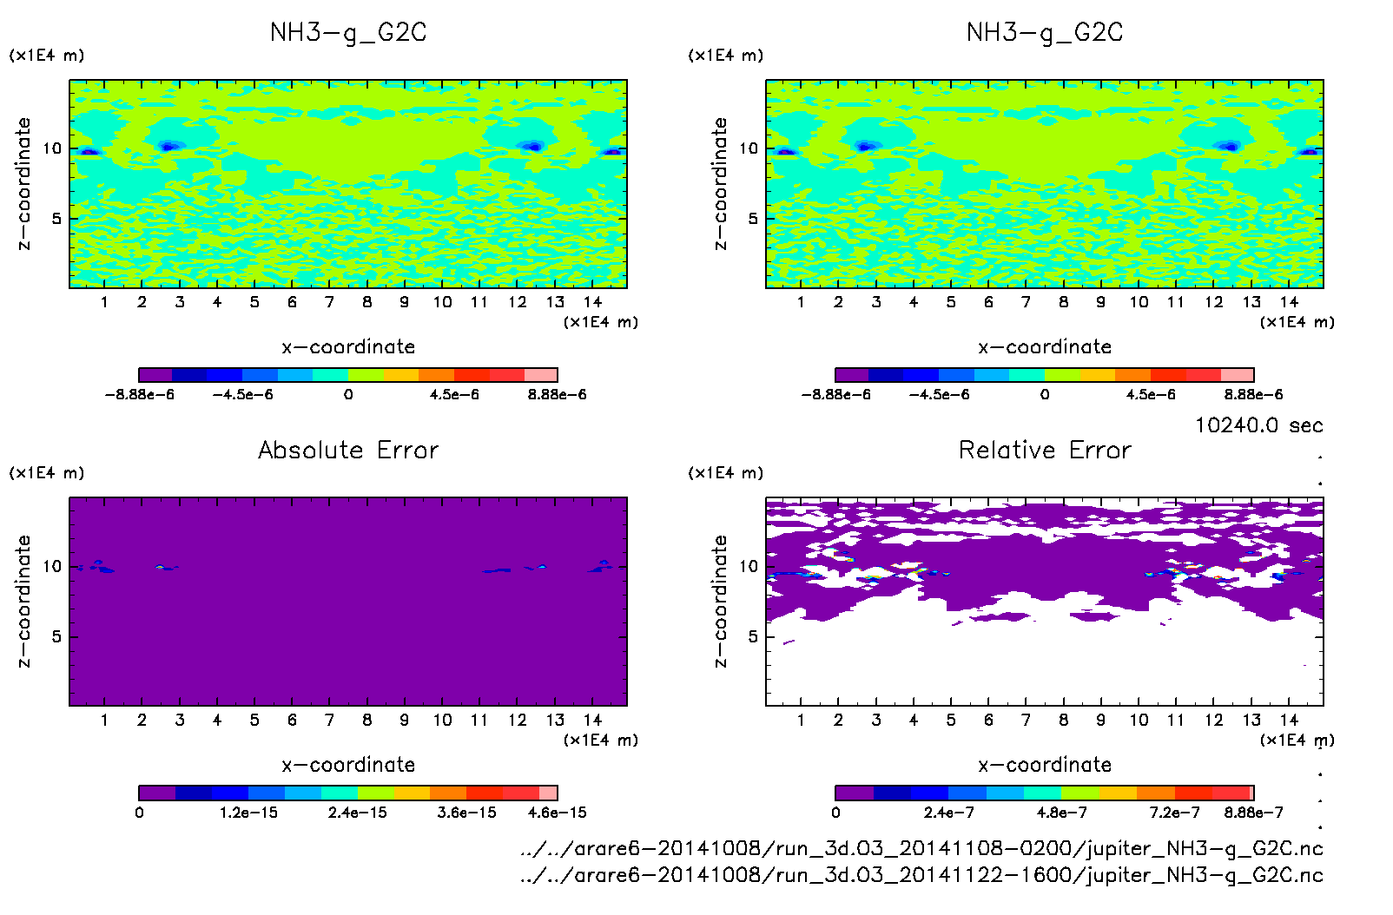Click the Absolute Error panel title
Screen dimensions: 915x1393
click(348, 450)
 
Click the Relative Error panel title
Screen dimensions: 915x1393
click(1045, 450)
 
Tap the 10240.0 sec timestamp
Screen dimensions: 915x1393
click(1258, 425)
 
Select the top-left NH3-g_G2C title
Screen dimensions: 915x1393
click(348, 33)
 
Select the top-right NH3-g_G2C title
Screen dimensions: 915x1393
click(1045, 33)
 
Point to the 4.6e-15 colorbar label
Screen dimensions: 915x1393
click(557, 813)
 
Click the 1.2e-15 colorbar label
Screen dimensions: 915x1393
click(248, 813)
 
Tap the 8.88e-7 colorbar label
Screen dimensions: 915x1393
click(1253, 813)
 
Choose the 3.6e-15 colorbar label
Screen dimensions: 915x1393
click(466, 813)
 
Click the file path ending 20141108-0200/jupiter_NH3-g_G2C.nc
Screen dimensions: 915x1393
click(921, 848)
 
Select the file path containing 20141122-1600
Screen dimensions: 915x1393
click(921, 874)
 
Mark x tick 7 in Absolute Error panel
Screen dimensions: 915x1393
click(329, 720)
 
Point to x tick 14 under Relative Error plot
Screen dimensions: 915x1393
click(1289, 720)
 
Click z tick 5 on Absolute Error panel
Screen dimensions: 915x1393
click(56, 636)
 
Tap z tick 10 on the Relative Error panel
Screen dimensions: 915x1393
click(749, 566)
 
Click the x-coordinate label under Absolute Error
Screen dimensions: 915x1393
click(348, 765)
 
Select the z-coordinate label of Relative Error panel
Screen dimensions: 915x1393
click(720, 601)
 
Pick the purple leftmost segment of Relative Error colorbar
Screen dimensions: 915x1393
click(854, 793)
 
